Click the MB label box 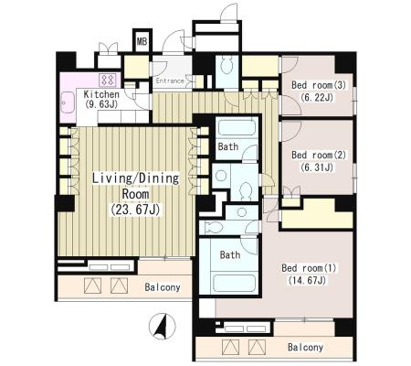pyautogui.click(x=142, y=40)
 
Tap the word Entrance pyautogui.click(x=170, y=81)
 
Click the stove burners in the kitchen pyautogui.click(x=108, y=80)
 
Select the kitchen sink pyautogui.click(x=68, y=103)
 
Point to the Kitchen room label pyautogui.click(x=101, y=94)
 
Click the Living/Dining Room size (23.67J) pyautogui.click(x=135, y=210)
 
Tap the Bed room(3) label pyautogui.click(x=319, y=85)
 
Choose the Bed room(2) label pyautogui.click(x=319, y=155)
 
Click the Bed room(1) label pyautogui.click(x=309, y=268)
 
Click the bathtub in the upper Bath pyautogui.click(x=237, y=128)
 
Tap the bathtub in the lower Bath pyautogui.click(x=234, y=283)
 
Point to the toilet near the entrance pyautogui.click(x=227, y=65)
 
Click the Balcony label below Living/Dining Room pyautogui.click(x=163, y=287)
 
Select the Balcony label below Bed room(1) pyautogui.click(x=305, y=347)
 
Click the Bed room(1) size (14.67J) pyautogui.click(x=307, y=281)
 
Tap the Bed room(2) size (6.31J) pyautogui.click(x=317, y=167)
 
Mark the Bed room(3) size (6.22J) pyautogui.click(x=317, y=97)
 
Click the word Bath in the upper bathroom pyautogui.click(x=228, y=146)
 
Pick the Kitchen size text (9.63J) pyautogui.click(x=101, y=104)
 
